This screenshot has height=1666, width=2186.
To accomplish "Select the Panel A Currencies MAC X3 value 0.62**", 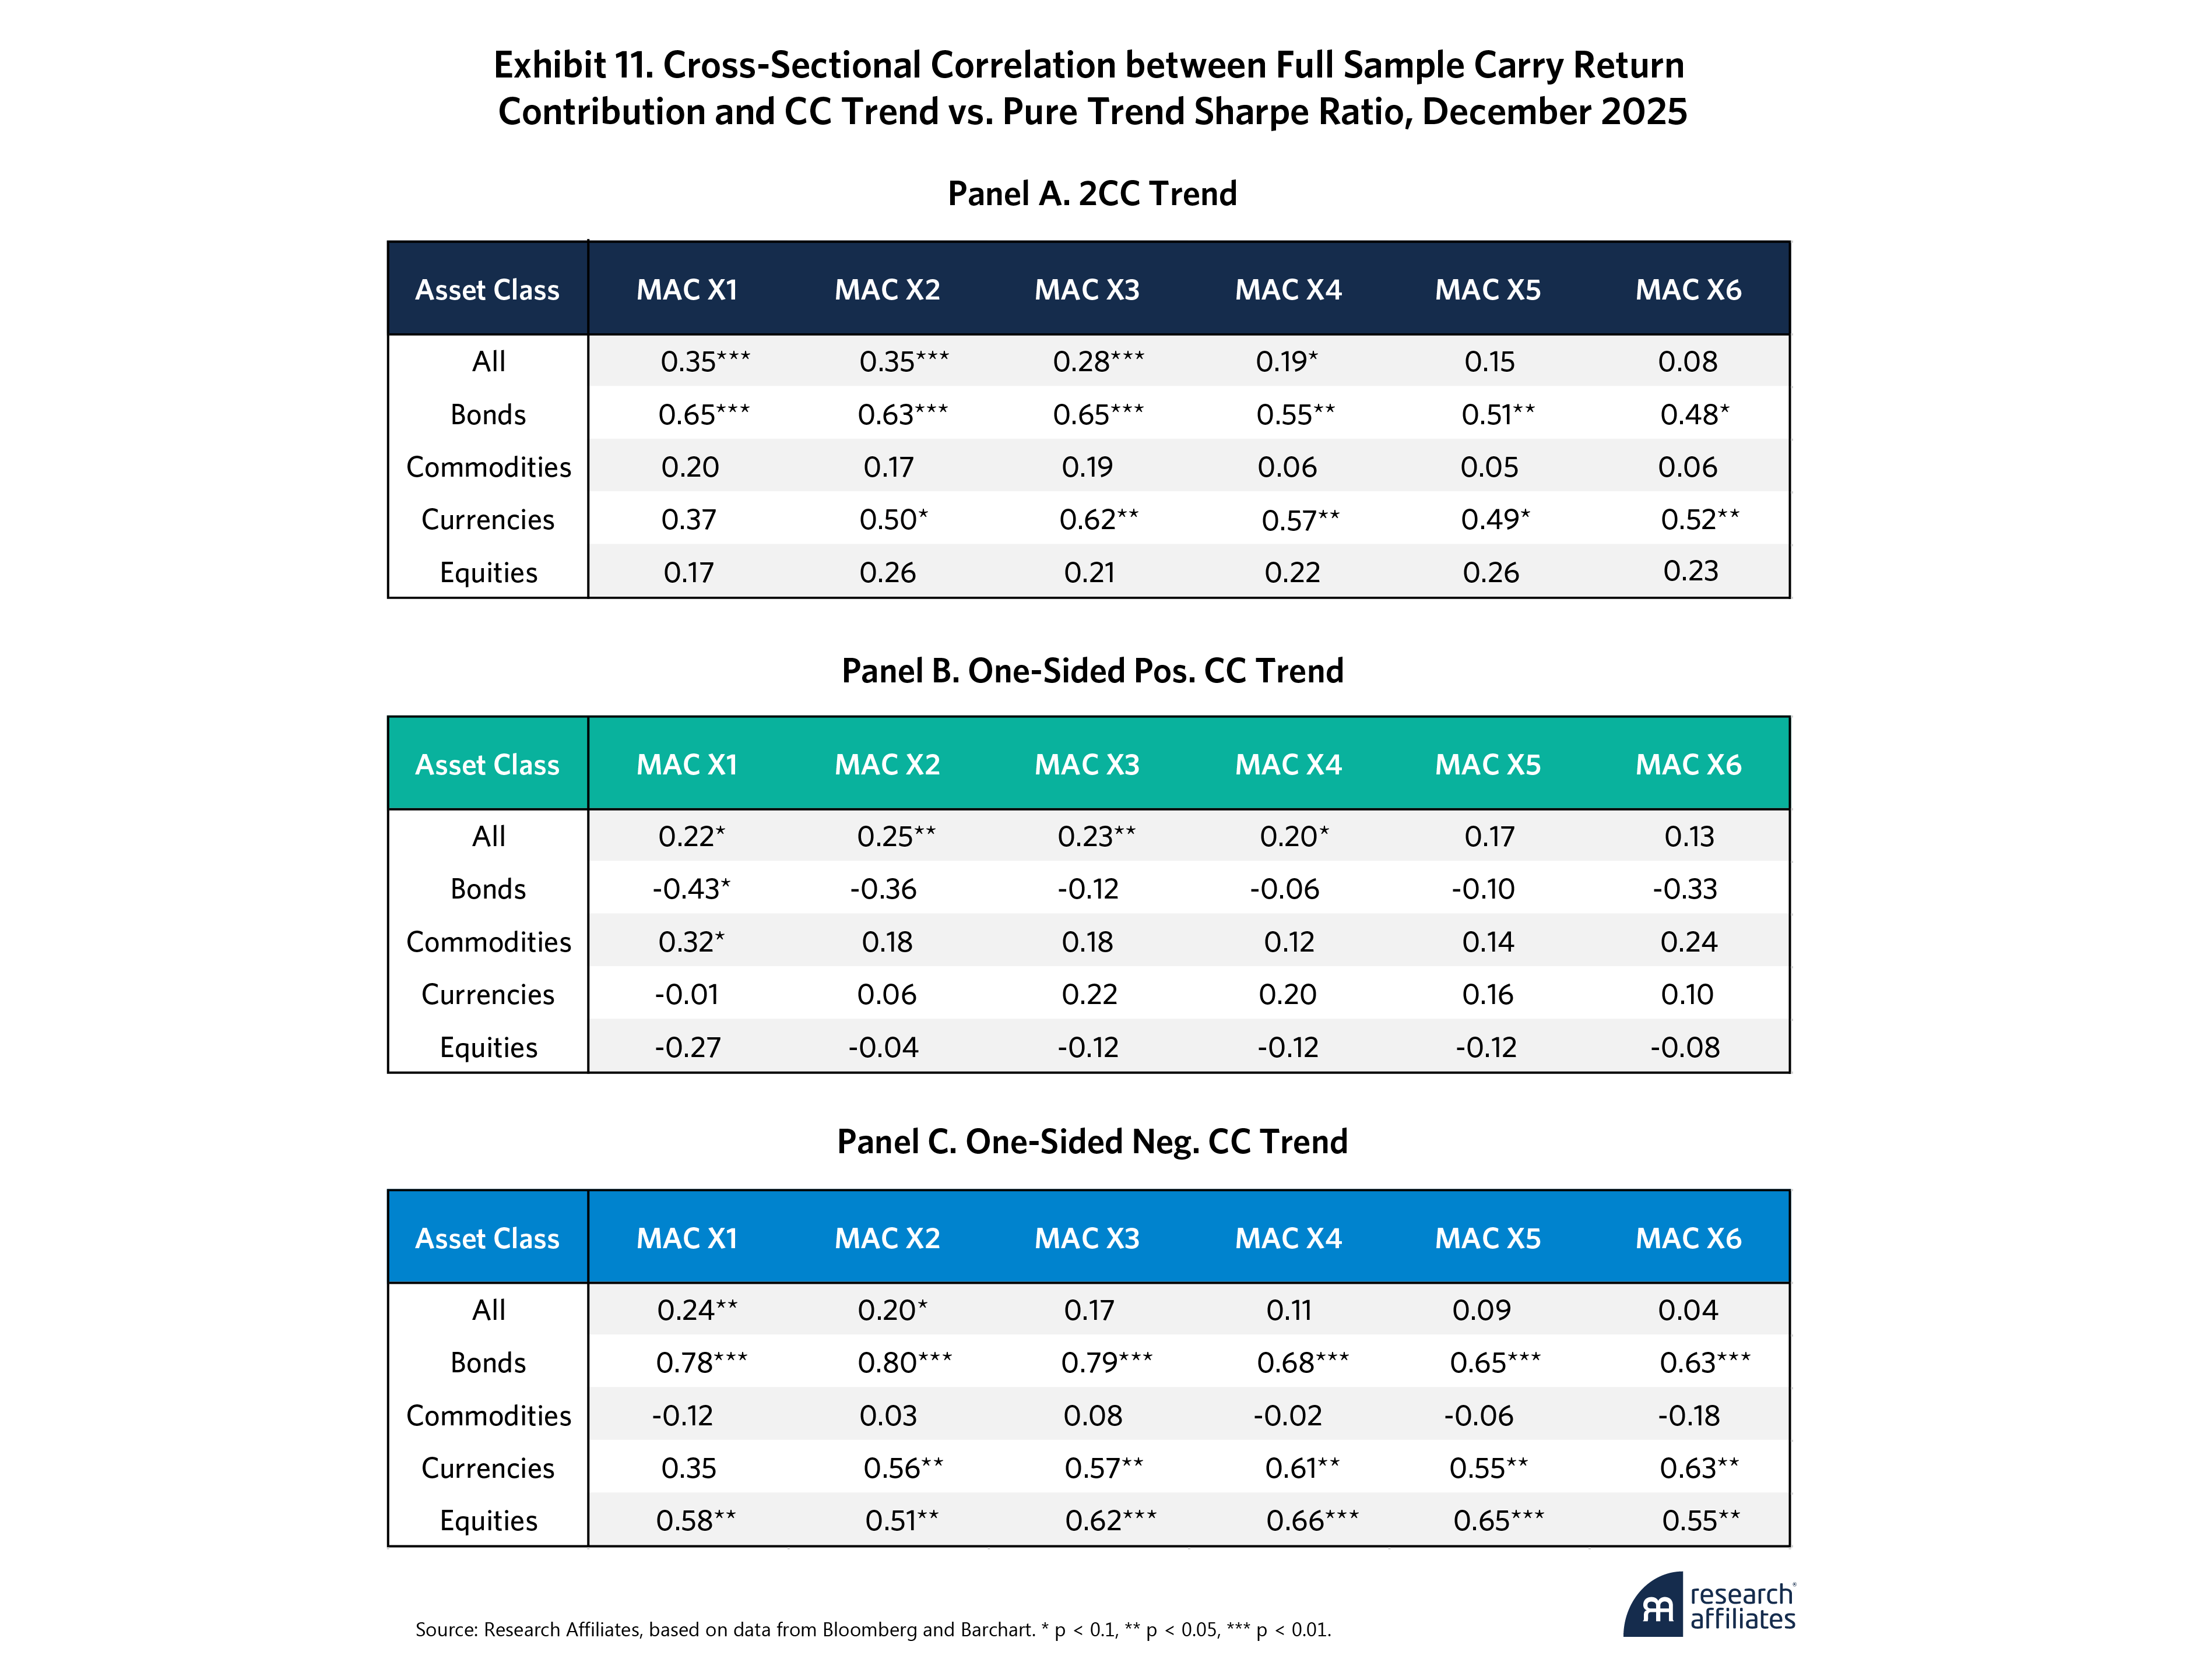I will tap(1098, 520).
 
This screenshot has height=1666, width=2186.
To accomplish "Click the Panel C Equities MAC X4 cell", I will tap(1311, 1520).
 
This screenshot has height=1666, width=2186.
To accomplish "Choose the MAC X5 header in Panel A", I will tap(1488, 290).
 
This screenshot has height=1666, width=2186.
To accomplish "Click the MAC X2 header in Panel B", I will tap(887, 765).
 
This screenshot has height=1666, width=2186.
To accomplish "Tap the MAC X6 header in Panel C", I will tap(1688, 1239).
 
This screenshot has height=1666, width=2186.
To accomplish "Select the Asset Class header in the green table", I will tap(487, 765).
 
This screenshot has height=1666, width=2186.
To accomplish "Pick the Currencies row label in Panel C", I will tap(488, 1468).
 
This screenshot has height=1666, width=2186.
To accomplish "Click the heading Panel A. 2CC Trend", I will tap(1092, 193).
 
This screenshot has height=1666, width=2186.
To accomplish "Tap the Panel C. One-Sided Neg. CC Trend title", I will tap(1092, 1142).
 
